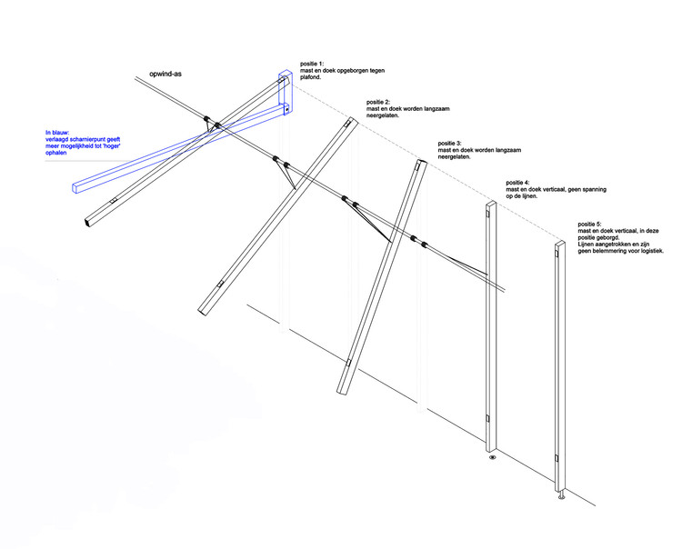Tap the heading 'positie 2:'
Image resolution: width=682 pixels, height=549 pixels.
coord(382,102)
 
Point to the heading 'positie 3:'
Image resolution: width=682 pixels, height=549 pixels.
coord(453,144)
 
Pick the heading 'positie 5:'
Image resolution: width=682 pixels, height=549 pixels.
coord(593,224)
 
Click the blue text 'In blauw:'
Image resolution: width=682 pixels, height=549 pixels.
coord(60,133)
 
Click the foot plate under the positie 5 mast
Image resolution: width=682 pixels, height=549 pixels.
coord(561,497)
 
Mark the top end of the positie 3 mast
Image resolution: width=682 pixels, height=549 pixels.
coord(420,165)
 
